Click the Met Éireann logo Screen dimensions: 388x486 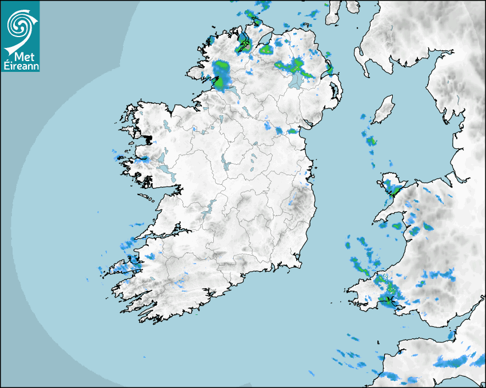click(x=21, y=36)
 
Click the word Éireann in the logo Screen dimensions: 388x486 click(x=21, y=66)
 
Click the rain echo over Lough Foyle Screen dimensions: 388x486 click(x=246, y=42)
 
